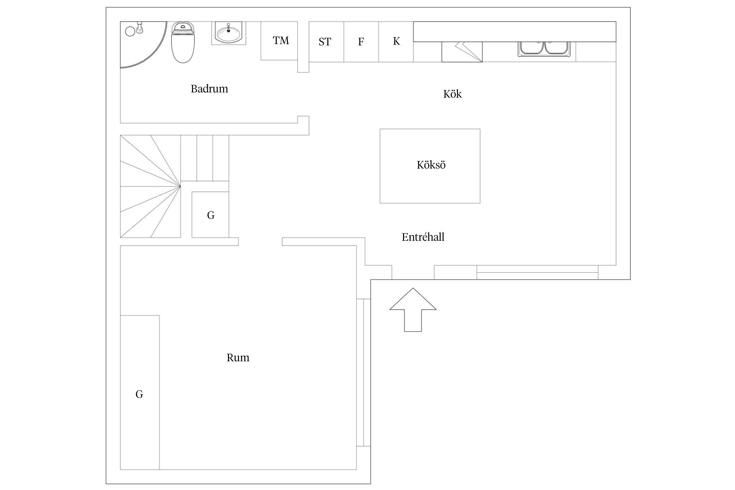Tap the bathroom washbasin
(228, 33)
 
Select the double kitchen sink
(544, 48)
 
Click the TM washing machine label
(281, 41)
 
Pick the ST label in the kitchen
(325, 42)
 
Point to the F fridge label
(361, 42)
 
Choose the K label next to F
(396, 41)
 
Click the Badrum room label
(209, 89)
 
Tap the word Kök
(452, 94)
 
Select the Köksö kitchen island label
(431, 165)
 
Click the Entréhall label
(423, 237)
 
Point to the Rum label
(238, 358)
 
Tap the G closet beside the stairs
(211, 215)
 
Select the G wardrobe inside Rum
(139, 394)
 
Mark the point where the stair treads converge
(180, 187)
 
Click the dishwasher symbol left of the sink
(462, 52)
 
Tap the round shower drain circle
(130, 31)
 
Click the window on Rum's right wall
(363, 372)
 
